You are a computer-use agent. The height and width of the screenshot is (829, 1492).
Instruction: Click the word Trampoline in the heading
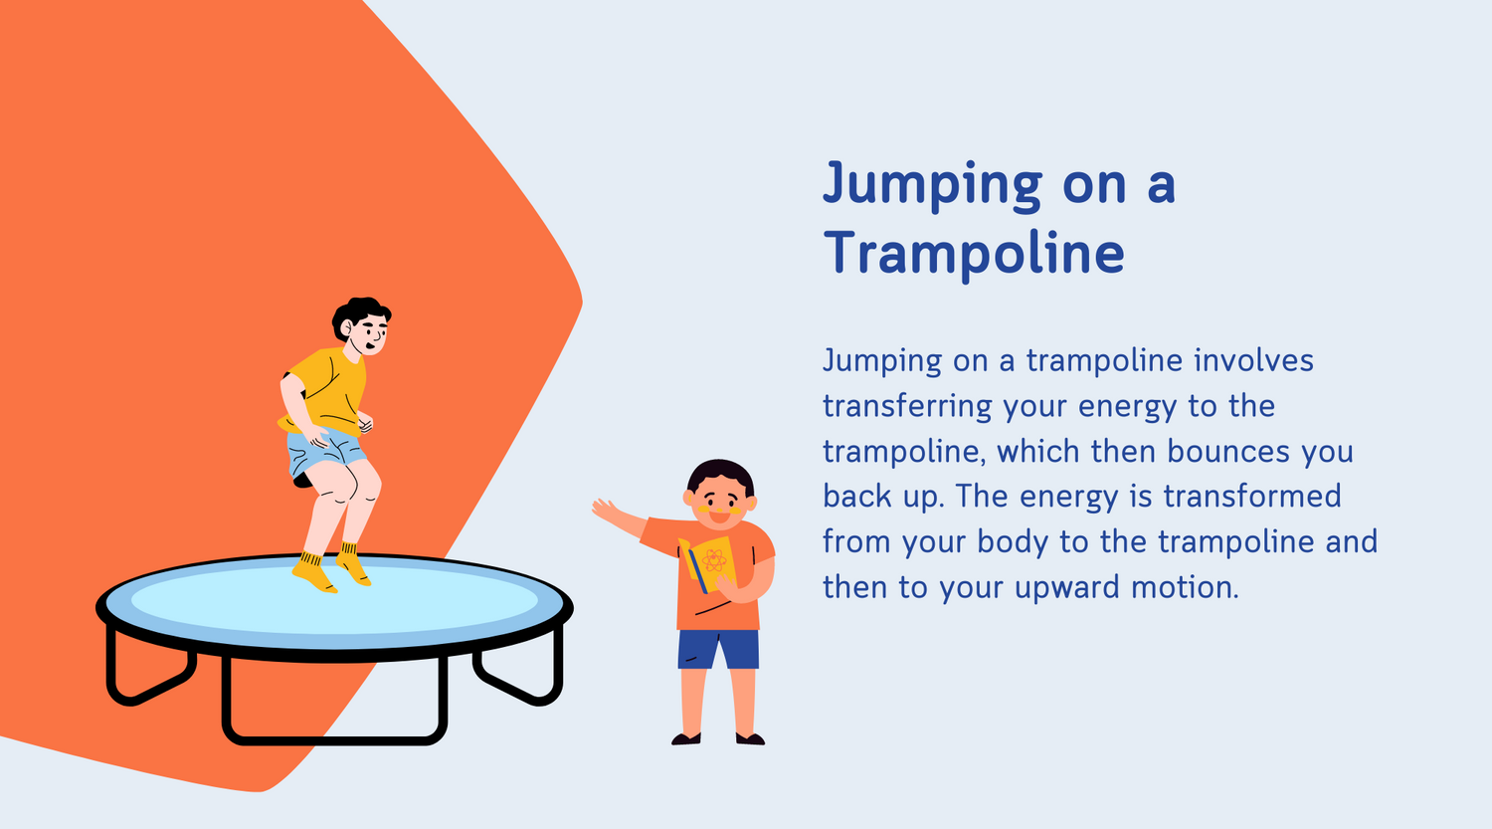974,252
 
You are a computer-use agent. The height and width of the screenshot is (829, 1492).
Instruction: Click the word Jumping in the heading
932,185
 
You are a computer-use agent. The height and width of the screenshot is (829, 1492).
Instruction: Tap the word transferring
907,406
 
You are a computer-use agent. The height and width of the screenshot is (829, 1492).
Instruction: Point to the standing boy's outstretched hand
605,511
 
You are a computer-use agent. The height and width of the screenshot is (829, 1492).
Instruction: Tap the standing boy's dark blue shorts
717,649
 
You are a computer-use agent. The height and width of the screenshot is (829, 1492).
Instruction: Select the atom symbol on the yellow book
713,560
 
